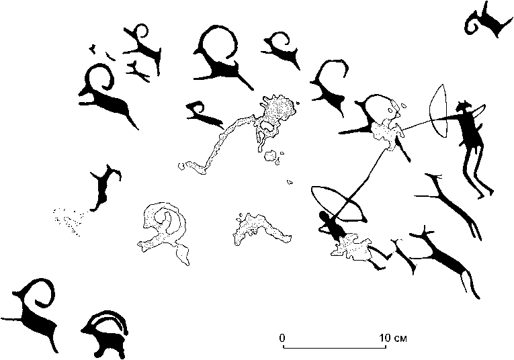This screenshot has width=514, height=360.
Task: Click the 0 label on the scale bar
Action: point(283,337)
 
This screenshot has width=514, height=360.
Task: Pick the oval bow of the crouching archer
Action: point(338,203)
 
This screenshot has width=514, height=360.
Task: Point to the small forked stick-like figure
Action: point(138,69)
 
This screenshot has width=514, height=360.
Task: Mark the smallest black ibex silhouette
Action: point(203,113)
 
